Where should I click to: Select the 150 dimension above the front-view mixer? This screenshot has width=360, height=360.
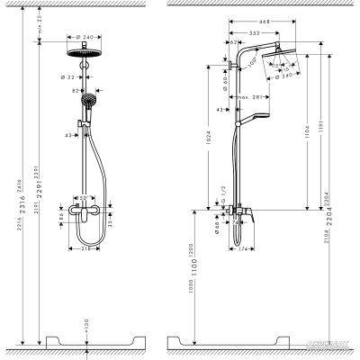81,198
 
